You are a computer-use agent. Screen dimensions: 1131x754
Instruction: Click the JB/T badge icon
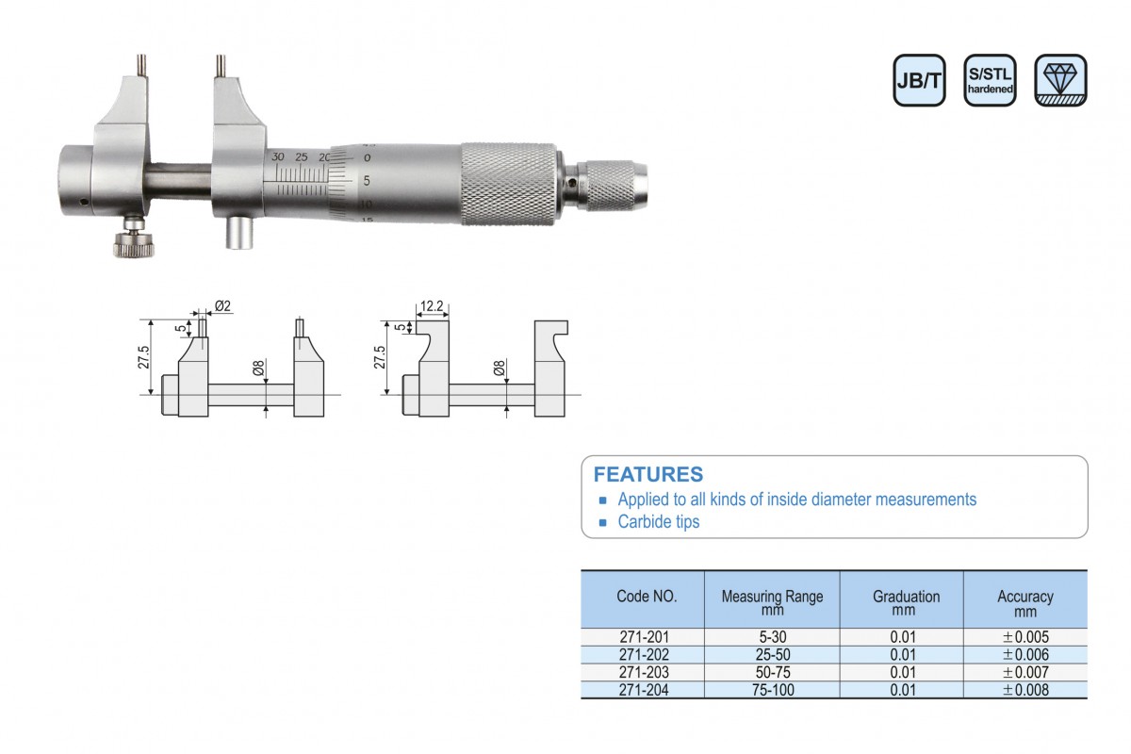click(919, 80)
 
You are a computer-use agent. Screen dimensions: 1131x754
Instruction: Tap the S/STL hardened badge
click(990, 80)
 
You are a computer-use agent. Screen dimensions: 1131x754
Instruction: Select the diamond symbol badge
click(1060, 80)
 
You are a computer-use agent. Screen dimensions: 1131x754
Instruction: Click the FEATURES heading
click(647, 474)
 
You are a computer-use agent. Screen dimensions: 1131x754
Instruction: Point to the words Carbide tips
click(659, 522)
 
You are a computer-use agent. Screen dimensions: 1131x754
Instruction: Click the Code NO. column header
click(647, 597)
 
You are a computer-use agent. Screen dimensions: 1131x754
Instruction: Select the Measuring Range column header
click(772, 602)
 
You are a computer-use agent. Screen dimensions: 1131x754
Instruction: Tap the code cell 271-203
click(644, 672)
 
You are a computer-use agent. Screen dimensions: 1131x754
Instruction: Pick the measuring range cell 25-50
click(773, 654)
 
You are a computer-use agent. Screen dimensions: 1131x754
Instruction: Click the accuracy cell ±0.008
click(1025, 690)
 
